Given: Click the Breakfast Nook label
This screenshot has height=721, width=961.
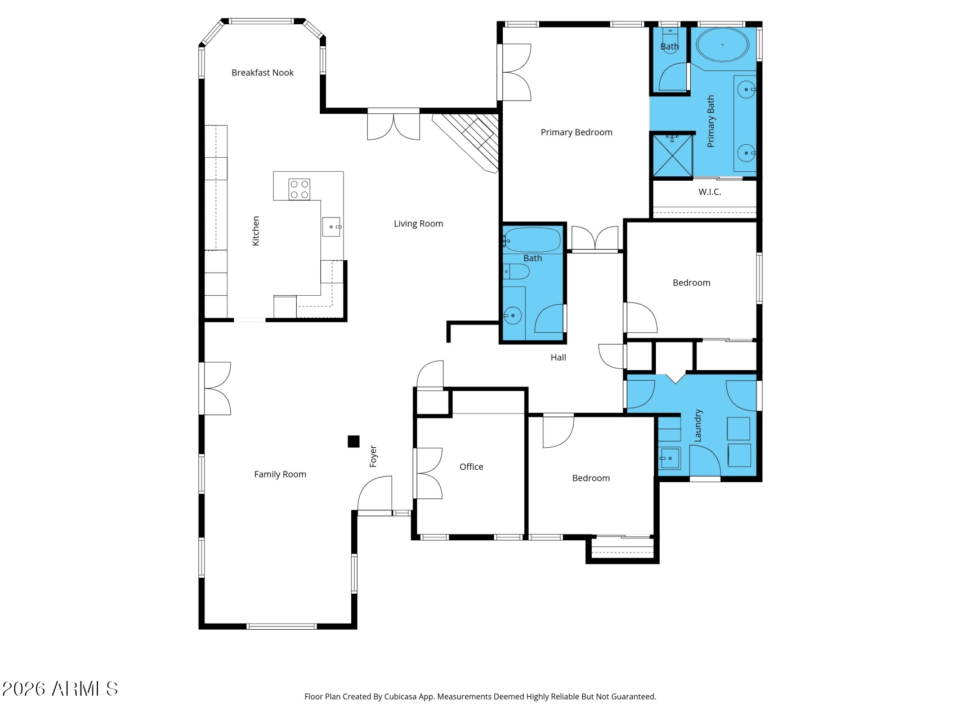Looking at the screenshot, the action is coord(262,73).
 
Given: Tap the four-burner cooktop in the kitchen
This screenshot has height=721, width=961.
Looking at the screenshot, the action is coord(300,189).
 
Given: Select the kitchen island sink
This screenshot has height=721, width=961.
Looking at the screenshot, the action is coord(332,226).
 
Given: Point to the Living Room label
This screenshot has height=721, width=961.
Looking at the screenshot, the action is coord(418,224).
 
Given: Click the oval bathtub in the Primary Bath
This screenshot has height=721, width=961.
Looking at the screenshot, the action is coord(722,44).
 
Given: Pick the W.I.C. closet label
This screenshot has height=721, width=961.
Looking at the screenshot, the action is coord(709,192).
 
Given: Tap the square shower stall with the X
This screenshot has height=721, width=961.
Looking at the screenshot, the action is coord(673,155).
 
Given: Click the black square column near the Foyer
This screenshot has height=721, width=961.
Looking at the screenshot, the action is coord(354,442).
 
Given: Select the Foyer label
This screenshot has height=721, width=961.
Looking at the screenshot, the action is coord(373,456).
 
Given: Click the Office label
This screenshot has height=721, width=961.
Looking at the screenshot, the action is coord(471,467).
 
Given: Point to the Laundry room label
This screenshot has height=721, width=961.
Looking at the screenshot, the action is coord(698,425).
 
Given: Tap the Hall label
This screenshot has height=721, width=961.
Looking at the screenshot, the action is coord(558,358).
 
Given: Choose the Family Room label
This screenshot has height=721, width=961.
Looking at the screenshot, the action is coord(280,474).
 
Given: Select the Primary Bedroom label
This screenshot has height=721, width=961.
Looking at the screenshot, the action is coord(576,132).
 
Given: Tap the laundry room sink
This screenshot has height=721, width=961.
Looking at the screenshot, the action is coord(669,459).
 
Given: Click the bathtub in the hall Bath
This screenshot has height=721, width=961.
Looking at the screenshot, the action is coord(532,240).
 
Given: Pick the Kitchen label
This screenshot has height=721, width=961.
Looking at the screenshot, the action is coord(256,231).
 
